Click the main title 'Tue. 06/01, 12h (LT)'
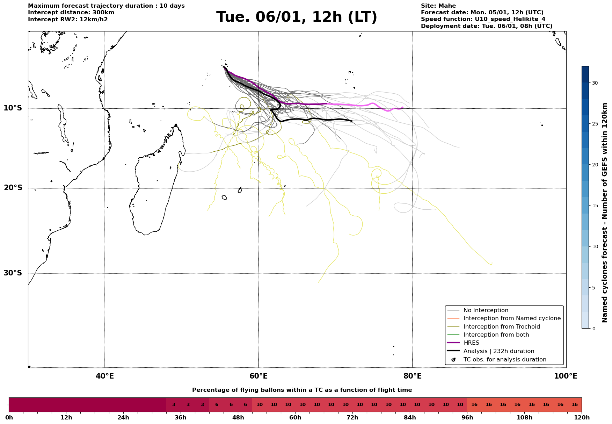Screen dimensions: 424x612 [x=297, y=17]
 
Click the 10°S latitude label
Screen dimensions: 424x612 [x=13, y=108]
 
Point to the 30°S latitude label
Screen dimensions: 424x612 [x=13, y=273]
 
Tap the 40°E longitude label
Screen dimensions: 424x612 [x=105, y=376]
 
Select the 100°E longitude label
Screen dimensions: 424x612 [x=566, y=376]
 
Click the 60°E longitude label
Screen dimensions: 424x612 [x=258, y=376]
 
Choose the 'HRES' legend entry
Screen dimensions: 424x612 [x=471, y=343]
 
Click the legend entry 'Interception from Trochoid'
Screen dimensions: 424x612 [x=502, y=327]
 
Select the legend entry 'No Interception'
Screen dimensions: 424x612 [x=486, y=310]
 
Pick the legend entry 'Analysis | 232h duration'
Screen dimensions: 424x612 [x=498, y=351]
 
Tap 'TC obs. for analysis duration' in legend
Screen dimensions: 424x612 [x=504, y=360]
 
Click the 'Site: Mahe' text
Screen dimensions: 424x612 [x=438, y=6]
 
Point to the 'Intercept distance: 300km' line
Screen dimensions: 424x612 [x=71, y=13]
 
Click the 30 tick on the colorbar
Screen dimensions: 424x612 [x=595, y=83]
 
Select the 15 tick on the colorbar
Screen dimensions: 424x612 [x=595, y=206]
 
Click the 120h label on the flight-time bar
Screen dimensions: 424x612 [x=582, y=418]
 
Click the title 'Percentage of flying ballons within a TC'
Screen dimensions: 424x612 [x=302, y=390]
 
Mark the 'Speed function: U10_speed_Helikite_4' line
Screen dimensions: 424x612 [x=483, y=19]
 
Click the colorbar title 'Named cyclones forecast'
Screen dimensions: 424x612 [x=605, y=213]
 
